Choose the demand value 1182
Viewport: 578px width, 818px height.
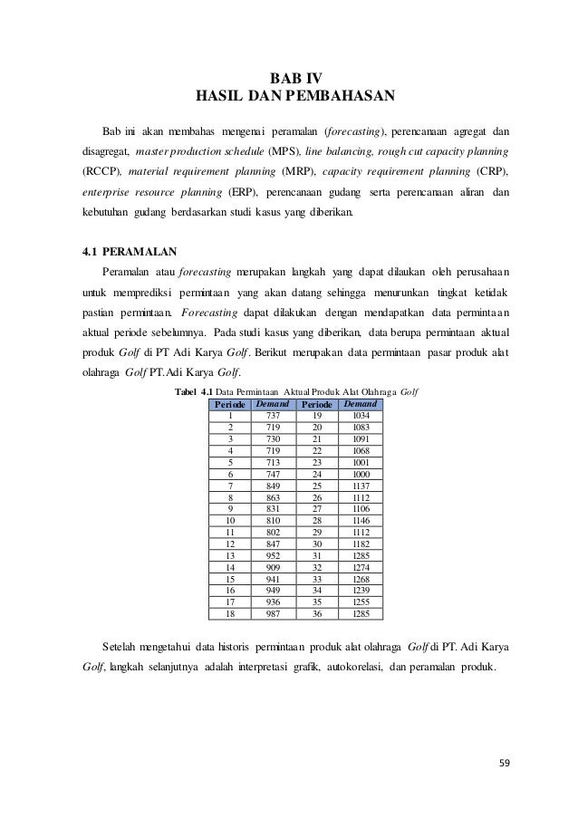[x=361, y=546]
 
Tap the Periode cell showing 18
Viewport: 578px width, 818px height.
[x=230, y=613]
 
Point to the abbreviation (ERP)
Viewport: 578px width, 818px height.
[x=242, y=193]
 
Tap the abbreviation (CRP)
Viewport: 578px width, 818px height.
[x=490, y=171]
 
